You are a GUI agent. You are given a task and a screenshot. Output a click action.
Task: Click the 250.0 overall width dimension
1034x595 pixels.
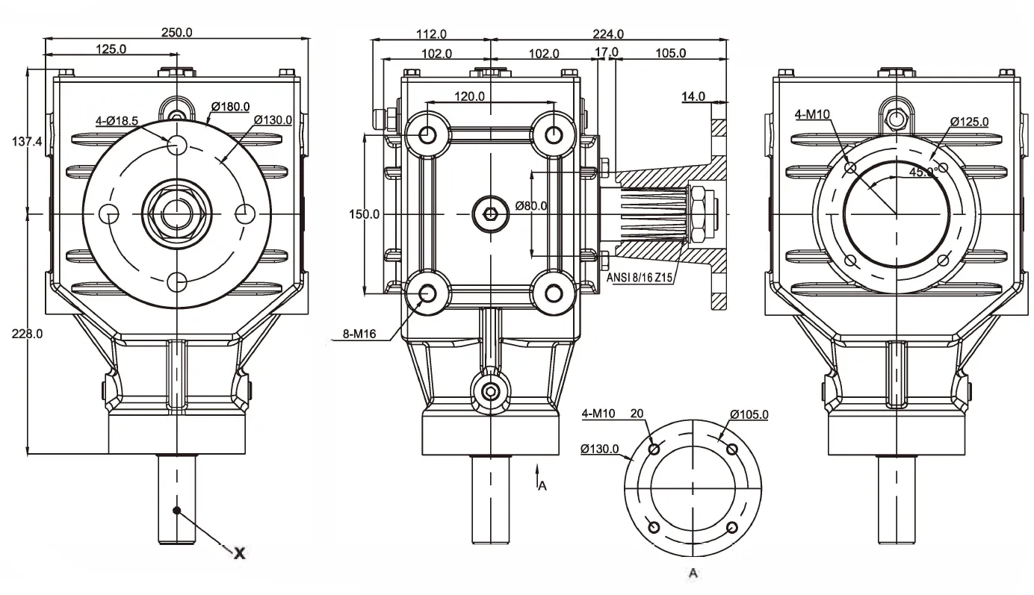(177, 32)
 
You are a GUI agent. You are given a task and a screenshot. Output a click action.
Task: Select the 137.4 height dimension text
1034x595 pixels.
(28, 141)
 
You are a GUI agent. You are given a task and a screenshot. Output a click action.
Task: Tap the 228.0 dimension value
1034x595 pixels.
(28, 334)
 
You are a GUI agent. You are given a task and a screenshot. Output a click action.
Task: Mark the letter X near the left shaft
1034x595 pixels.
(239, 552)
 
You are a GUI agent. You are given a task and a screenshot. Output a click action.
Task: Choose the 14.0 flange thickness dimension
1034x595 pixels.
(693, 96)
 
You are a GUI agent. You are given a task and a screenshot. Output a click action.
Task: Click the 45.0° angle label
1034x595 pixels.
(923, 171)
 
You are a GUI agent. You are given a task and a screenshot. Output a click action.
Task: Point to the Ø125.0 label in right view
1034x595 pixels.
(969, 121)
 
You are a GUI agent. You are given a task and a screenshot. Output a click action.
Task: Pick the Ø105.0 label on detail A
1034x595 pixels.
(749, 414)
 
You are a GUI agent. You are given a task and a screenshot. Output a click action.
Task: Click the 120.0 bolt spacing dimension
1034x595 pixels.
(470, 96)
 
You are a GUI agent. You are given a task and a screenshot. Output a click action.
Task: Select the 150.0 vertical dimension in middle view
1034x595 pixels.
(365, 214)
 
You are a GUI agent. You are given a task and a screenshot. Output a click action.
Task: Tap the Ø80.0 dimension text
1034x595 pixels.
(530, 206)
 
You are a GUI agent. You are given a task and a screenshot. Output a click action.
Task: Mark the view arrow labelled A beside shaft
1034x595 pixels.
(539, 479)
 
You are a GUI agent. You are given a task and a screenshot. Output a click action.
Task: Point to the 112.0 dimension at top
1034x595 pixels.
(431, 34)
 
